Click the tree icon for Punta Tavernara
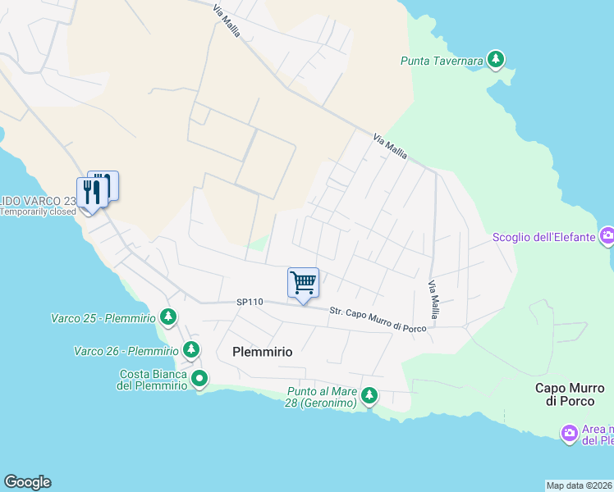[495, 59]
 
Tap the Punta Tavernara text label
[441, 61]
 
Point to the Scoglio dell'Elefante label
[543, 238]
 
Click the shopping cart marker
[303, 283]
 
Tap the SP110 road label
[249, 303]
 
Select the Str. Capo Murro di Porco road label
[378, 319]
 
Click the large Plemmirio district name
[262, 351]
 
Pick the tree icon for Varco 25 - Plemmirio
[167, 316]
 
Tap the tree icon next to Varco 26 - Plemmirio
[190, 350]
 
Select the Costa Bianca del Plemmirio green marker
[199, 378]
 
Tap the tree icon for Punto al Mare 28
[369, 396]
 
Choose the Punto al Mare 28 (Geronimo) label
[322, 398]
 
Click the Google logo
[28, 482]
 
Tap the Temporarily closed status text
[39, 212]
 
